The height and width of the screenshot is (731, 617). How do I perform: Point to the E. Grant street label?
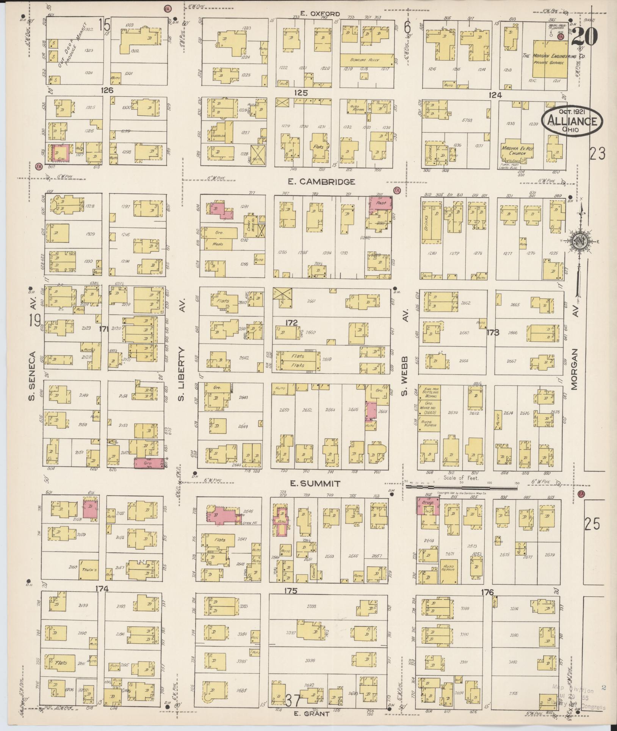tap(312, 714)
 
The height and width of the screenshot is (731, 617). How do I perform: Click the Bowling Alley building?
tap(366, 60)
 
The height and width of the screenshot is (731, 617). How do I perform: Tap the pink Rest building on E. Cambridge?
tap(381, 203)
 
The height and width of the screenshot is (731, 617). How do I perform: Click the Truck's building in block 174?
tap(88, 569)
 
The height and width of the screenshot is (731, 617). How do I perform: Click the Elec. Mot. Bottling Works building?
tap(428, 393)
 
